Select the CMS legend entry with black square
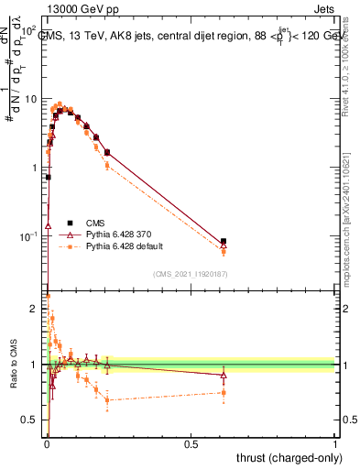(96, 222)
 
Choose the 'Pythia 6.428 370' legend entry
(113, 234)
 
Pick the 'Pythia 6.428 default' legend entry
(119, 247)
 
